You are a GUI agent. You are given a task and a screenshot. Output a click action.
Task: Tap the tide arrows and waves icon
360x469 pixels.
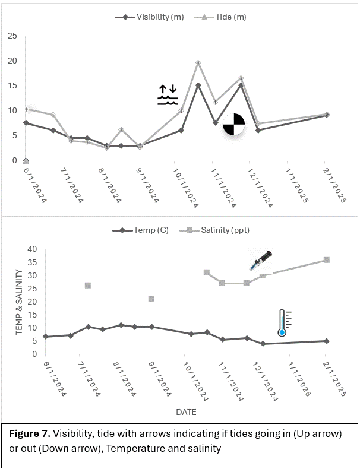click(168, 94)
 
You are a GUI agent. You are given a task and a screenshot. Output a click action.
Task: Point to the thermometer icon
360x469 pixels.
click(283, 322)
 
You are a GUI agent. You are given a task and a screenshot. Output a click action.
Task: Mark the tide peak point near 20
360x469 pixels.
click(198, 62)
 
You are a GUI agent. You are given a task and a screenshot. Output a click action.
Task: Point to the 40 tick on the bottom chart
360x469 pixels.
click(32, 249)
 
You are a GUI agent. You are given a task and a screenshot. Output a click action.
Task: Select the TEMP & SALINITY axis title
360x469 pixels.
click(19, 301)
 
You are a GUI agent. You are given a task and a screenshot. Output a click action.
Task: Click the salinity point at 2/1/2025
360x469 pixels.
click(326, 260)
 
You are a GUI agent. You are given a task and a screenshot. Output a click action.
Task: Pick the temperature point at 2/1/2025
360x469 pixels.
click(326, 341)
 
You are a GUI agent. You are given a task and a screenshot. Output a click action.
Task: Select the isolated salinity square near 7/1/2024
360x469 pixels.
click(88, 286)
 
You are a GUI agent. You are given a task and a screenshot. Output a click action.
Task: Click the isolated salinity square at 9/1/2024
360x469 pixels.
click(151, 299)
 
